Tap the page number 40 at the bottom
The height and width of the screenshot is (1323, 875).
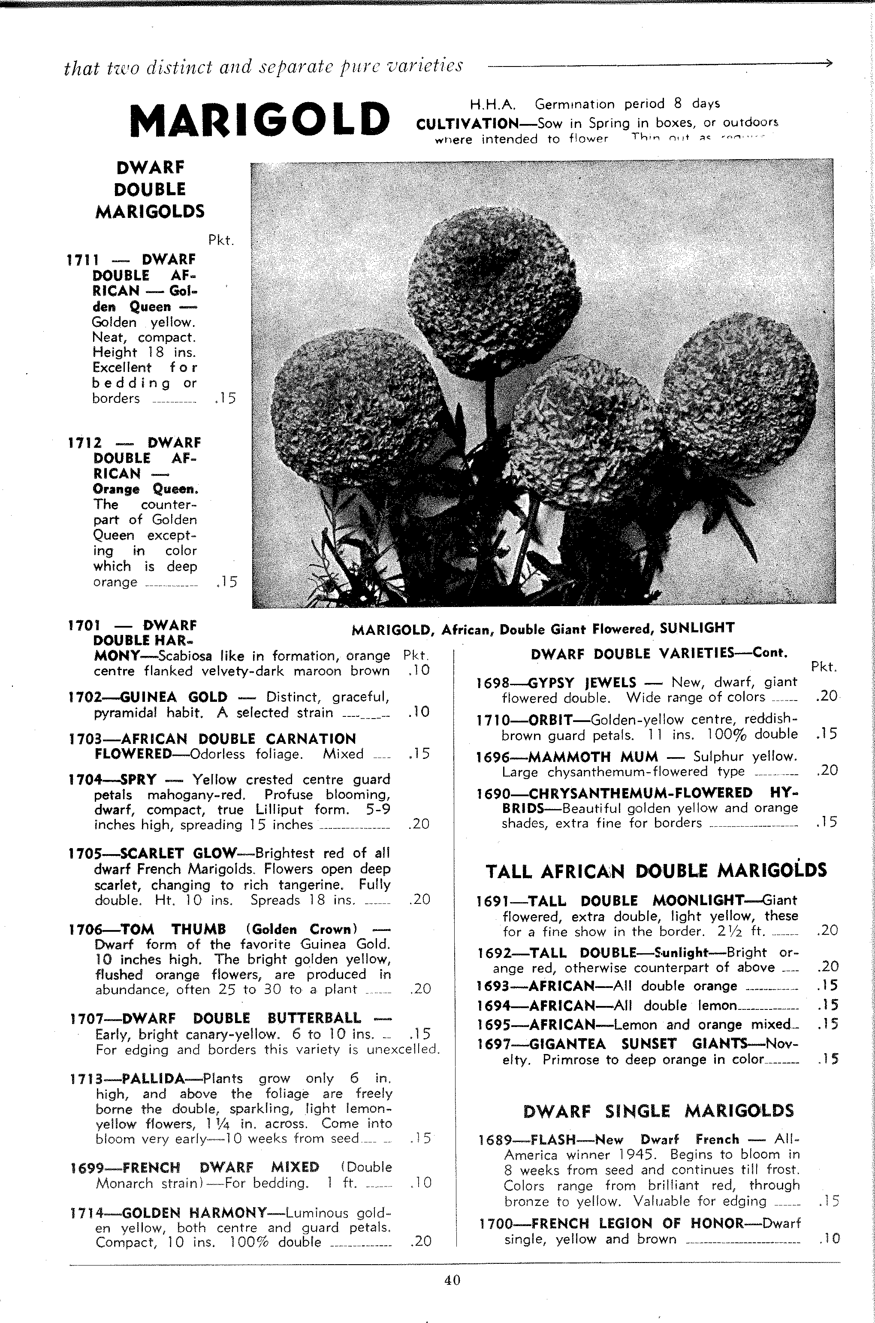pos(452,1280)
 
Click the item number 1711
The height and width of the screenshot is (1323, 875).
pos(83,260)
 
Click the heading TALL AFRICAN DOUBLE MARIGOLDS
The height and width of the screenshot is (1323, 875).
pos(656,871)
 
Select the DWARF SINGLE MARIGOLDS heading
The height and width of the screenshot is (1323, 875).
pos(658,1111)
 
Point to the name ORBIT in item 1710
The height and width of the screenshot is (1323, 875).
pos(550,720)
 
